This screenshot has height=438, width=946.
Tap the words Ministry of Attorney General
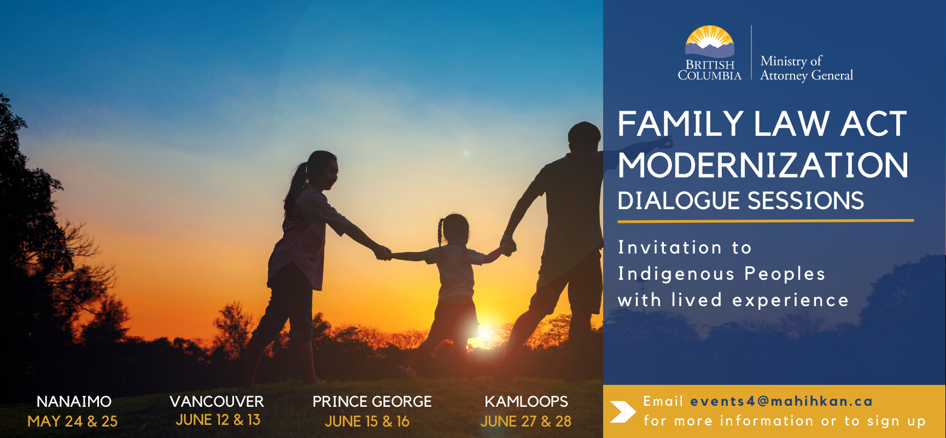click(x=807, y=68)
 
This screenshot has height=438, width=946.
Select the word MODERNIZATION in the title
click(x=763, y=165)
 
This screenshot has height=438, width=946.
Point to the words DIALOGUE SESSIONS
click(x=741, y=200)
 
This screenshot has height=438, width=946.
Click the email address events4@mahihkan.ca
click(x=781, y=401)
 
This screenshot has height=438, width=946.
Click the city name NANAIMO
click(x=74, y=401)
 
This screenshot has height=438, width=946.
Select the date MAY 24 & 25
click(x=73, y=421)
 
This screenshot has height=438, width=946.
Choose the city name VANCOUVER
click(x=217, y=401)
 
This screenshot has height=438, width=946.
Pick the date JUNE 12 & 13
click(x=218, y=420)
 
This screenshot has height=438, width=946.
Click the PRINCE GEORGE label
click(x=372, y=401)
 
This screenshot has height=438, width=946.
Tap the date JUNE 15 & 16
click(x=367, y=421)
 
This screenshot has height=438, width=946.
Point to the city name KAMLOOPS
click(x=526, y=401)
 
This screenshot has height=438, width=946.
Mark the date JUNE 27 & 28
click(x=526, y=421)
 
